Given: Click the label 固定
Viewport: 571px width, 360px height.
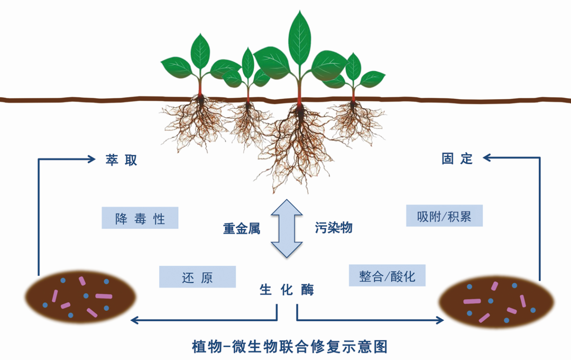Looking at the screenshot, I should click(x=457, y=158).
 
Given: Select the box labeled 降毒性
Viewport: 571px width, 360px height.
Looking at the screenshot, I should click(x=140, y=218).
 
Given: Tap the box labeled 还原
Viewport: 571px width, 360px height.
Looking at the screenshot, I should click(x=197, y=277).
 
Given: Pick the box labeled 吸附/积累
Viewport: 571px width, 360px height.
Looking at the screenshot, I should click(x=444, y=216).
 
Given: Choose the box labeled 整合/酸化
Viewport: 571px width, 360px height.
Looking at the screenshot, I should click(x=387, y=276).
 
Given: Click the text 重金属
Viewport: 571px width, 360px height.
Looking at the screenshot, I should click(x=242, y=229).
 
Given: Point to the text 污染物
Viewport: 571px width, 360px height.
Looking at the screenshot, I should click(x=333, y=228).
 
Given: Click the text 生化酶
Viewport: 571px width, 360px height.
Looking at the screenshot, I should click(x=287, y=290).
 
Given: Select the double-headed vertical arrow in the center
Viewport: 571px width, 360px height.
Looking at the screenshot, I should click(x=286, y=228).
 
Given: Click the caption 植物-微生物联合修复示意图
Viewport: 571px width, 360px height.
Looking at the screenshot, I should click(x=290, y=346).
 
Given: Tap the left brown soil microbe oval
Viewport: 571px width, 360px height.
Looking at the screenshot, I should click(x=80, y=297).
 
